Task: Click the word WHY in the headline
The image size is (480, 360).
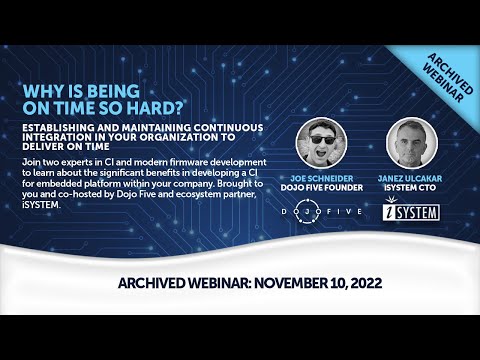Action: tap(40, 89)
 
